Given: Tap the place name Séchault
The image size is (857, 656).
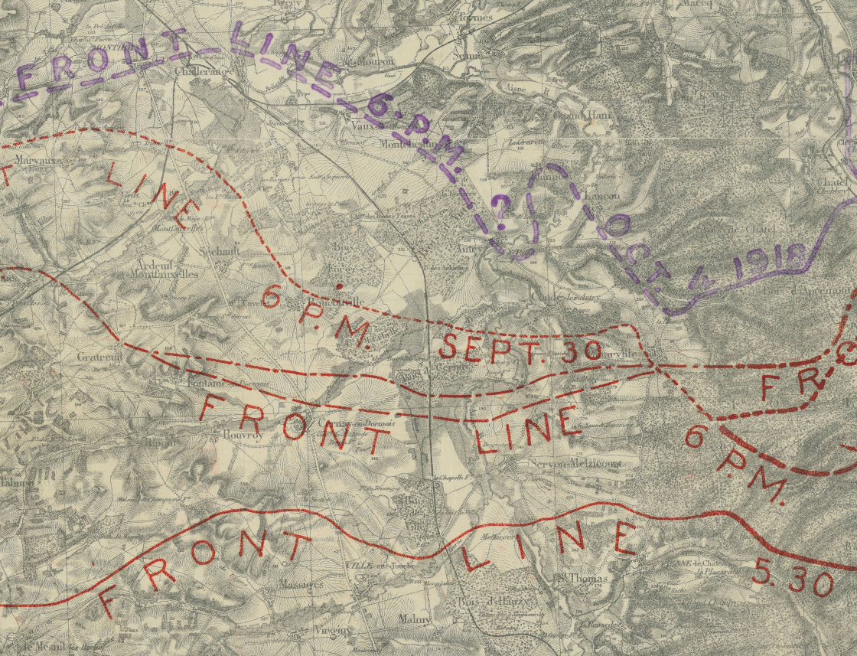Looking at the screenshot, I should [x=218, y=251].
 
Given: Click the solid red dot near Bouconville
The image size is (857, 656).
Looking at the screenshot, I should [x=339, y=286].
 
